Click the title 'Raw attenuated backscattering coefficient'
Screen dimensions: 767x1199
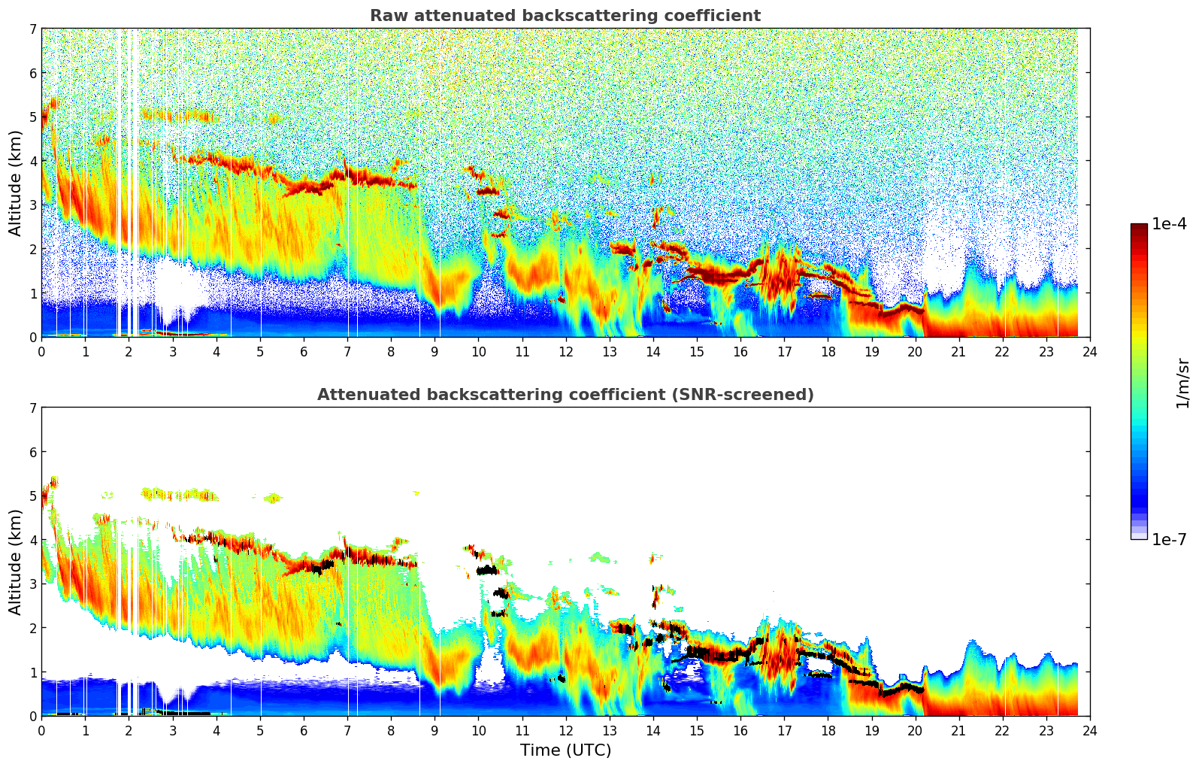[565, 16]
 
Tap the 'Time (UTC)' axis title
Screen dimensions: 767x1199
[565, 750]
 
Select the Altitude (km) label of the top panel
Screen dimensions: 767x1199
[16, 183]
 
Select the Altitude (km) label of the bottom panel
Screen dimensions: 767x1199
[16, 562]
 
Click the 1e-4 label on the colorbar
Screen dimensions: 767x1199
[1169, 224]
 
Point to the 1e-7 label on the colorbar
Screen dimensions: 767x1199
[1169, 539]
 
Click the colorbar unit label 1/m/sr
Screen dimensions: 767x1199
[1182, 383]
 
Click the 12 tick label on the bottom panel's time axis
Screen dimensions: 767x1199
[565, 731]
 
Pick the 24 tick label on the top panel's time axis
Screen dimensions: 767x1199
[1090, 352]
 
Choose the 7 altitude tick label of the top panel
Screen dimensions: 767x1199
[32, 29]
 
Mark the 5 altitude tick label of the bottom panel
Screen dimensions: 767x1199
[32, 496]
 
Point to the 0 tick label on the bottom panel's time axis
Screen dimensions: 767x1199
[41, 731]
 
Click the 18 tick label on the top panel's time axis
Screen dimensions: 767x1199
[828, 352]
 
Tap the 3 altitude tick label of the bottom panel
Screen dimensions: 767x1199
[32, 584]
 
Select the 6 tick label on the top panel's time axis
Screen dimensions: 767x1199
[304, 352]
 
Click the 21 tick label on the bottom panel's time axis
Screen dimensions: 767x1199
[958, 731]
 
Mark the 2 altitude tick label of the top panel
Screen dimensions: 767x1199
[32, 249]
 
